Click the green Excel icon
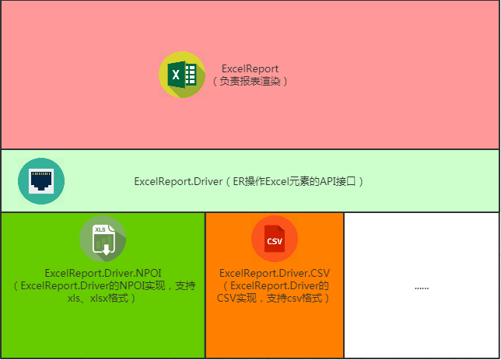[182, 75]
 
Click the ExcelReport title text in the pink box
[250, 68]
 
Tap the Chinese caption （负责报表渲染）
[250, 81]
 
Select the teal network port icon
[41, 181]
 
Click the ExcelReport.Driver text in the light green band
[178, 181]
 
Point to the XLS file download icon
[103, 239]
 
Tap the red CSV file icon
[275, 239]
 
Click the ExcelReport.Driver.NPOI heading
[103, 273]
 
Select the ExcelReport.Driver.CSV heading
[275, 273]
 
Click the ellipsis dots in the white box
[422, 288]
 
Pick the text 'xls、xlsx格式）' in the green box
[102, 299]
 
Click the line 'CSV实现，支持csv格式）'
[273, 299]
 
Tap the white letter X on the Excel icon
[176, 75]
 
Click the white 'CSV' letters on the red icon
[275, 241]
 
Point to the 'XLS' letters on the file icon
[100, 229]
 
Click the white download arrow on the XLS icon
[106, 250]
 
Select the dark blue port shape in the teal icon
[41, 180]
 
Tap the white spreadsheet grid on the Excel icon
[191, 75]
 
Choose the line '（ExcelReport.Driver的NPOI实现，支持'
[103, 285]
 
